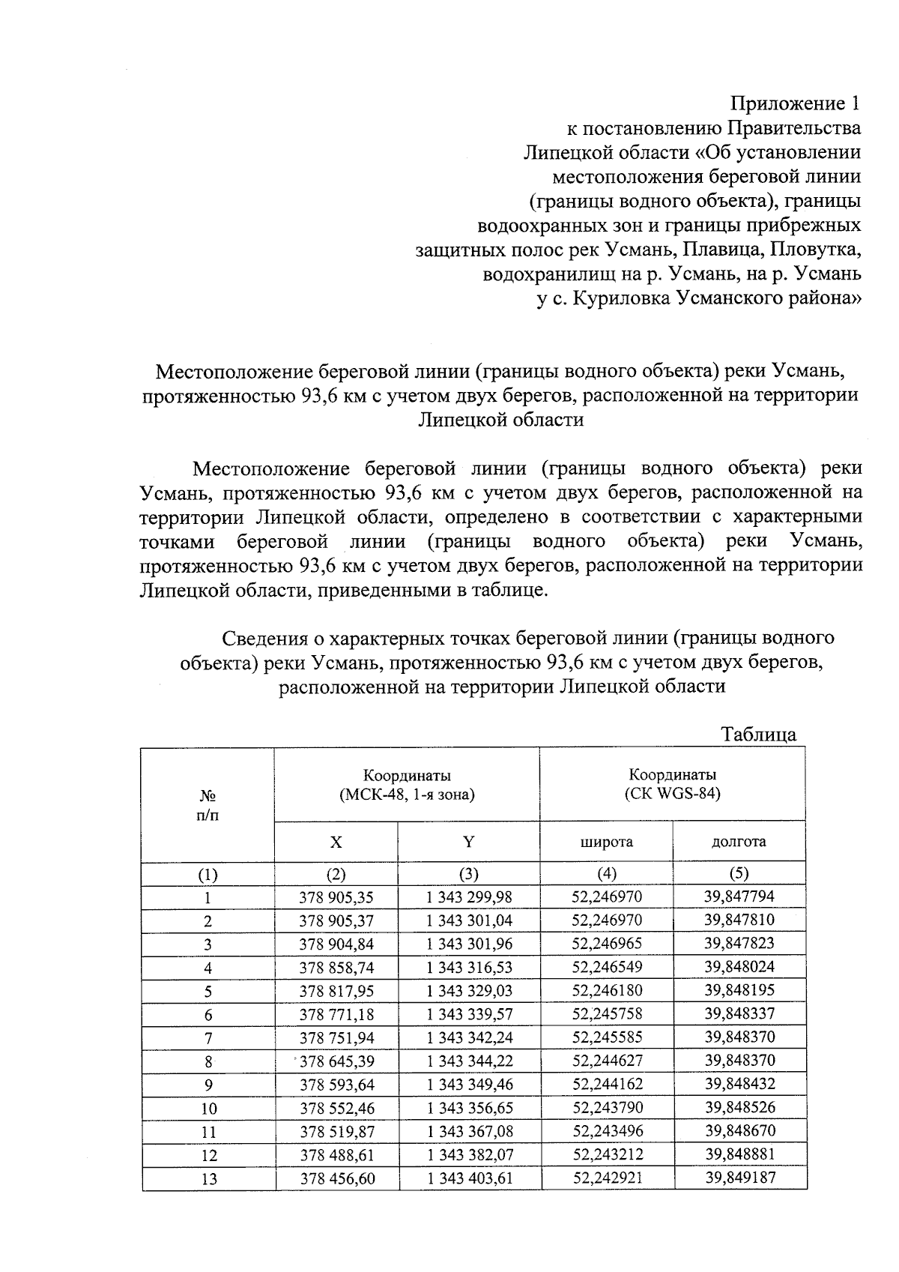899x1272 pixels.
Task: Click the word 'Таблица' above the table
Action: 758,735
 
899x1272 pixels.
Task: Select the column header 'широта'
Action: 607,842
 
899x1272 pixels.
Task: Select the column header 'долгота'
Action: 739,842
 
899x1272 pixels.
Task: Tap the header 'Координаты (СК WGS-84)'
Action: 672,784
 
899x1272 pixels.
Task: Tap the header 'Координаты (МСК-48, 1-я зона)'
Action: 407,785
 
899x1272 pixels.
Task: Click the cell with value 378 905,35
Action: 336,897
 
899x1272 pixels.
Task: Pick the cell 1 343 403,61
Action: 469,1178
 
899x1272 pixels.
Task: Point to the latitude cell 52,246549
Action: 607,967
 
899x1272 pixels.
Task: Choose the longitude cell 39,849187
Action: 739,1178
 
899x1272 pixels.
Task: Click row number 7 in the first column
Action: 208,1038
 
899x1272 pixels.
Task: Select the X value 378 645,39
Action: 336,1061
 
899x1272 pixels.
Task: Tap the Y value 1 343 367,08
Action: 469,1131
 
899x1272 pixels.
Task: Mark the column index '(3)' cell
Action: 469,874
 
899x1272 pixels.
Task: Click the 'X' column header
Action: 336,842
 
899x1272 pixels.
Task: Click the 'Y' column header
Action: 469,842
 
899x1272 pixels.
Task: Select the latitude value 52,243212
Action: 607,1154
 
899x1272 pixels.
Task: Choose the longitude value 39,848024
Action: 739,967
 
